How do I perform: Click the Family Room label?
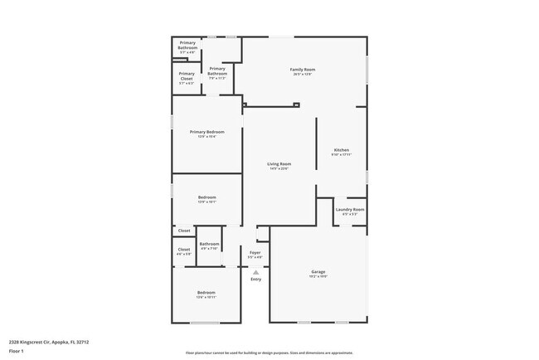click(302, 69)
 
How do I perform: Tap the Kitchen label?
click(342, 150)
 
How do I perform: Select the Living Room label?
click(279, 164)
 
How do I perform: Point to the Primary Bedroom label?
click(206, 132)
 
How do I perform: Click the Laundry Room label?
click(350, 210)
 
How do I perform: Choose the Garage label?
click(318, 272)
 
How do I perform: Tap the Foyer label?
click(255, 252)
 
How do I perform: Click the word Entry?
click(255, 279)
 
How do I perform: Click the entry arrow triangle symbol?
click(255, 271)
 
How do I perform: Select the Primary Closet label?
click(187, 75)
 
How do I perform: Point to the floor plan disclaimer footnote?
click(269, 352)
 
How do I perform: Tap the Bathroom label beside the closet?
click(209, 243)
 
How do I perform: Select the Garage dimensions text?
click(318, 277)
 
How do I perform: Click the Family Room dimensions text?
click(302, 74)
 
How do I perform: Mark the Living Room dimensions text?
click(279, 169)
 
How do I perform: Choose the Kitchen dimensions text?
click(342, 155)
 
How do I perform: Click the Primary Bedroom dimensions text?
click(206, 137)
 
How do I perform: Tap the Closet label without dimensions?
click(184, 231)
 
